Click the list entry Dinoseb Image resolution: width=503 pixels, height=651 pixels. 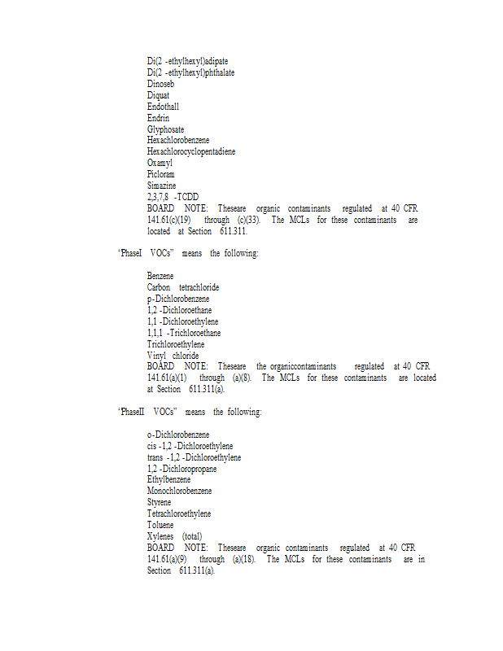160,84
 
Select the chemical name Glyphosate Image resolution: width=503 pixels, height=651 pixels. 165,129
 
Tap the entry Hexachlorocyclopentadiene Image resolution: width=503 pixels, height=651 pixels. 184,151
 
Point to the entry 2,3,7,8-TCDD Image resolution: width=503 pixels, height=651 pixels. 173,197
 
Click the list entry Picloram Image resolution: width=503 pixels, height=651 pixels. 160,174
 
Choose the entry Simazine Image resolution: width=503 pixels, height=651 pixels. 161,186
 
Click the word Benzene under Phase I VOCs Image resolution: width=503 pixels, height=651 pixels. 160,277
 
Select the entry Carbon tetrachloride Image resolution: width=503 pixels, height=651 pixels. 182,287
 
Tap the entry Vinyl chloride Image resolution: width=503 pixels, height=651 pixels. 173,356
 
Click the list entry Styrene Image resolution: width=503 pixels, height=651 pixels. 160,503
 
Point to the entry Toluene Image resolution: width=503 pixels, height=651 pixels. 160,526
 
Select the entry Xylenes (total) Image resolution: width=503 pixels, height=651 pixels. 174,537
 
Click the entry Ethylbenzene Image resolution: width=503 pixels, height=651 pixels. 168,480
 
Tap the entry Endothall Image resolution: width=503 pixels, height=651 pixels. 163,107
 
